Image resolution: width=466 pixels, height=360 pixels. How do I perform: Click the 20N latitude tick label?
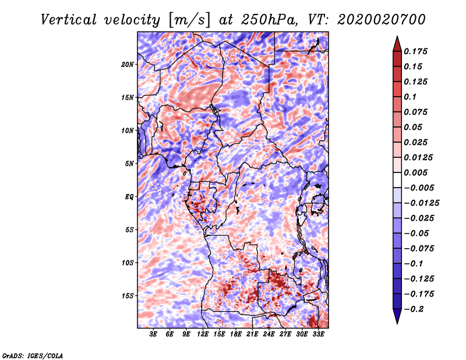coord(128,64)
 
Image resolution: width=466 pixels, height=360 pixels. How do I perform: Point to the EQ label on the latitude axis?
coord(129,196)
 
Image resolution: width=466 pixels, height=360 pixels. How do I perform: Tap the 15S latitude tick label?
coord(128,296)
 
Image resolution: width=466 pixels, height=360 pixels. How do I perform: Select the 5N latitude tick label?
coord(129,164)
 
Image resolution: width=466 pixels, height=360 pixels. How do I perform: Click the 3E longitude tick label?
coord(154,334)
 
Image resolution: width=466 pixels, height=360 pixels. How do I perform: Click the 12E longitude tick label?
coord(203,334)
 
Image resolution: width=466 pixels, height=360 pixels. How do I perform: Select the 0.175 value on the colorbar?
coord(417,51)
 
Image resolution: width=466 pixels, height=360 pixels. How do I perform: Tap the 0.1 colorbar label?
coord(412,97)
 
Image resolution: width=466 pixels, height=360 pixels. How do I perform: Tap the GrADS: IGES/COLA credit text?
coord(33,355)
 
